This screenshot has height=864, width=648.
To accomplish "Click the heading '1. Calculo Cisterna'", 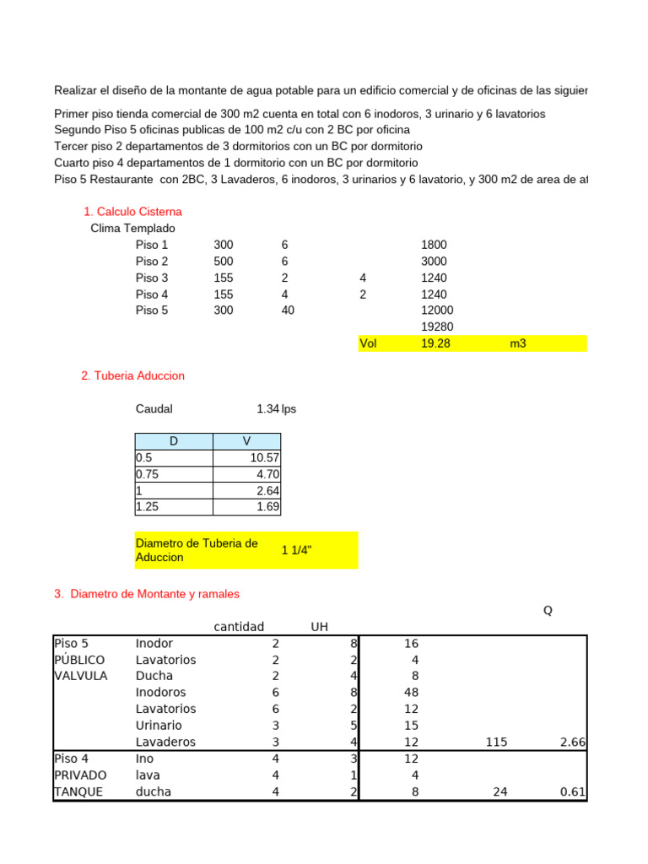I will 132,212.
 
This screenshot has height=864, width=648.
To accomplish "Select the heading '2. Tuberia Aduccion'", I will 132,375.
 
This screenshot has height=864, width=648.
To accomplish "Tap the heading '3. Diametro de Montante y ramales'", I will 147,594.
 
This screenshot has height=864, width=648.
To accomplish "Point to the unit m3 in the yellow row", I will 518,343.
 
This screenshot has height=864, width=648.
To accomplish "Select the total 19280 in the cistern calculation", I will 434,327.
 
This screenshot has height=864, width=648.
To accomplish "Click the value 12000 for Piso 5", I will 434,310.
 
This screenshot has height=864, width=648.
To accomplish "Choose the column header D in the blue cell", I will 174,441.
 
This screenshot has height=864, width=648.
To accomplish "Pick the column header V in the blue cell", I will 246,441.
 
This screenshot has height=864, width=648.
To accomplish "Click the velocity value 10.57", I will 265,458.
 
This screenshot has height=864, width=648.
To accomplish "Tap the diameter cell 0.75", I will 147,474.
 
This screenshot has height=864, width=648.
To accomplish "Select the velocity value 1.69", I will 268,507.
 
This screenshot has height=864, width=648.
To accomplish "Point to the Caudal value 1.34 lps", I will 276,409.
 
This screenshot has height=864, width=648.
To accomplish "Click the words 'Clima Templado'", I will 133,228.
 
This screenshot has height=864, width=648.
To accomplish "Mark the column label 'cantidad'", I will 238,626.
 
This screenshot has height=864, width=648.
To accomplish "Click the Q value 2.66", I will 573,742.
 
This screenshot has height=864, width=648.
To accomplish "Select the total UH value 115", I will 495,742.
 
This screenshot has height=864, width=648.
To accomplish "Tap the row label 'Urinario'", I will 159,726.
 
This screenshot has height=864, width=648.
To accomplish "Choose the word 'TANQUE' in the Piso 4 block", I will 78,791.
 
